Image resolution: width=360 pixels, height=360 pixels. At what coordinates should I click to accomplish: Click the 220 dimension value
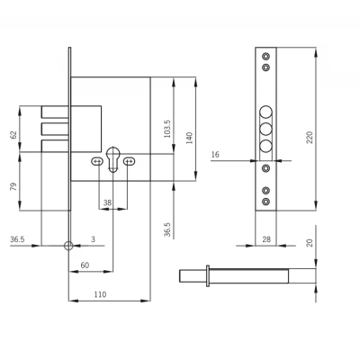click(x=310, y=138)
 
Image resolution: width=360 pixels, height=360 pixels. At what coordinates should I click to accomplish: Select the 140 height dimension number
click(x=189, y=138)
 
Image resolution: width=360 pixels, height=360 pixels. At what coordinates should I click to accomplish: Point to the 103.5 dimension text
click(x=167, y=129)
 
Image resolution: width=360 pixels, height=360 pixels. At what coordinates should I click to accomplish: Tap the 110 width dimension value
click(x=100, y=294)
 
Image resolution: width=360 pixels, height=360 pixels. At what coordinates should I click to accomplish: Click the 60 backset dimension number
click(x=85, y=265)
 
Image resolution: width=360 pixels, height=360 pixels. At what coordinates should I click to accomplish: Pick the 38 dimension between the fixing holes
click(x=107, y=202)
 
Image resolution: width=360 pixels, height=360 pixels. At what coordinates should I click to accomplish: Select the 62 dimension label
click(x=13, y=135)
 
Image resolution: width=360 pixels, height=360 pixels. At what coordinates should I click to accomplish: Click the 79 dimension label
click(x=13, y=187)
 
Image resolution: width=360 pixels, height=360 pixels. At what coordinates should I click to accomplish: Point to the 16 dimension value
click(x=215, y=155)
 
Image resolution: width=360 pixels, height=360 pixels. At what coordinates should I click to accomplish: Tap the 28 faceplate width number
click(x=266, y=239)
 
